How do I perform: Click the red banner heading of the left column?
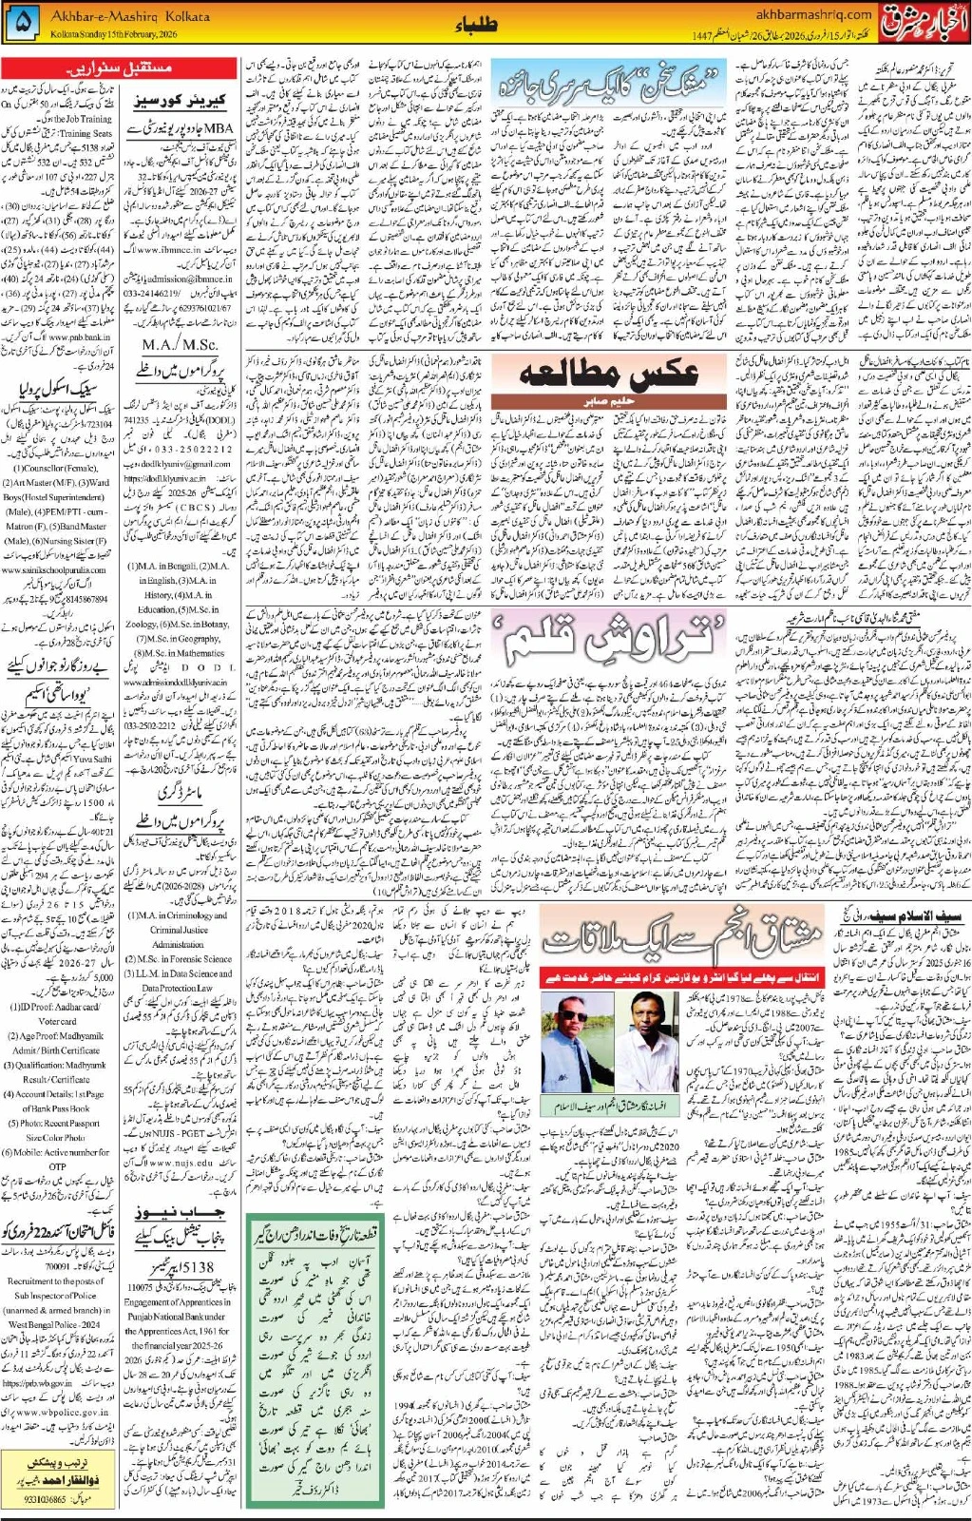[x=119, y=68]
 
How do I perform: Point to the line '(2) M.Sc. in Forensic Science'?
[x=178, y=958]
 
